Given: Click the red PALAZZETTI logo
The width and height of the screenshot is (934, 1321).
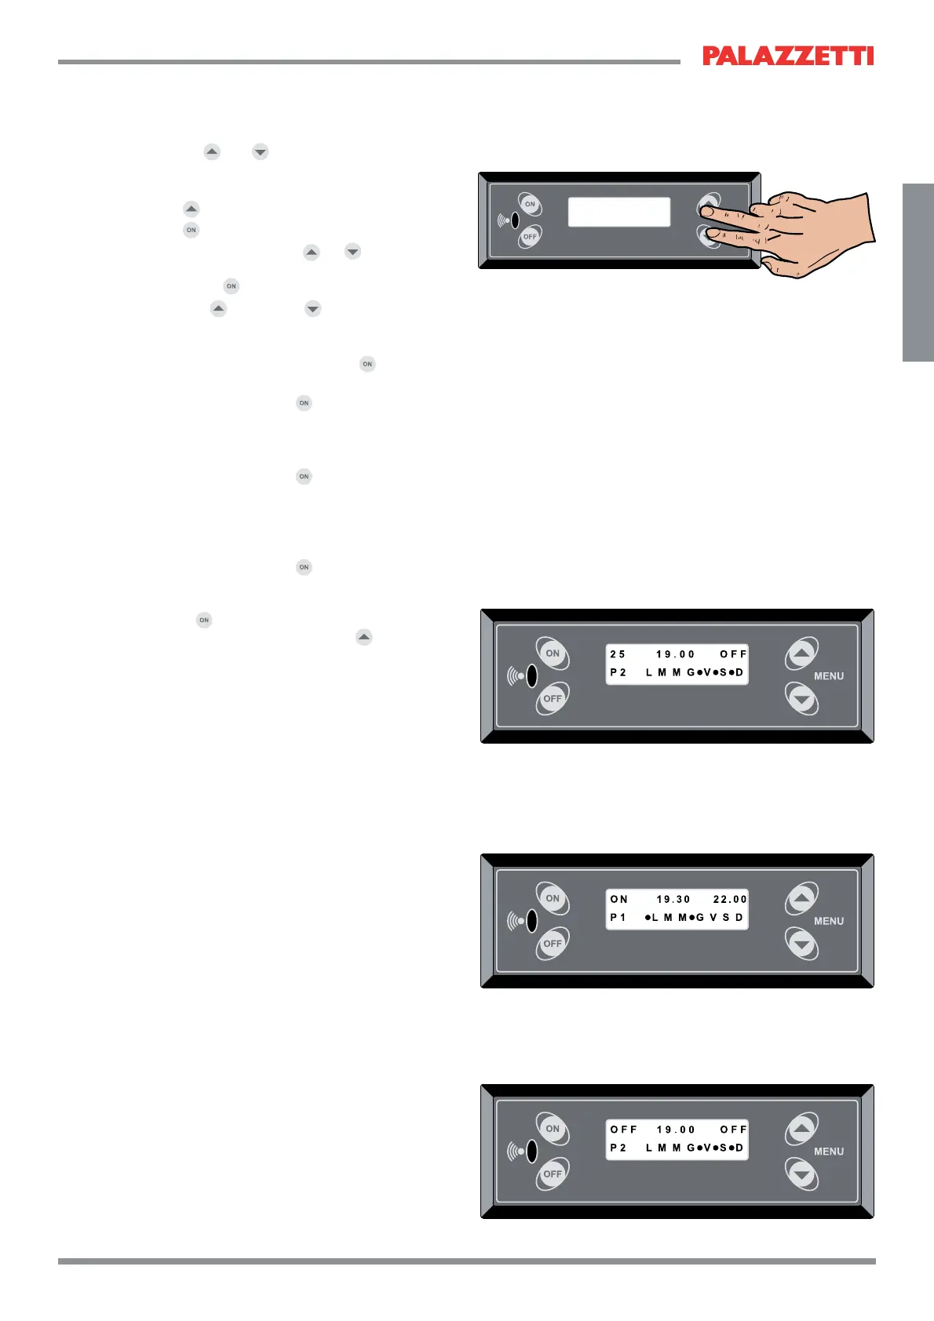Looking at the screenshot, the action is click(x=787, y=56).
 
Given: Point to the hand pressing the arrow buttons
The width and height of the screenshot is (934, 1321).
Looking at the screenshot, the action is click(x=816, y=231).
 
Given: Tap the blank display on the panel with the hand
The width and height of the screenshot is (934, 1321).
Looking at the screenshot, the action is click(x=618, y=212).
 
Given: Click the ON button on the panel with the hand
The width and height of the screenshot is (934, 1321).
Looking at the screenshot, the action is click(x=530, y=204).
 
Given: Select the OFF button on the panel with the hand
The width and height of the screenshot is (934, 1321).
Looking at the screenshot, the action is click(x=530, y=236).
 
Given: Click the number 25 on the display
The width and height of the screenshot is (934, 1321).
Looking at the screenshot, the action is click(x=618, y=654).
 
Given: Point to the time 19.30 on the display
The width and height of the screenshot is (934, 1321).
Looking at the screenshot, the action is click(x=673, y=900).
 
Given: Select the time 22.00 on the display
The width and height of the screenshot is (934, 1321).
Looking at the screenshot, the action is click(x=730, y=900).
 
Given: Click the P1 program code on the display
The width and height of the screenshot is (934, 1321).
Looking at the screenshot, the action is click(x=618, y=918).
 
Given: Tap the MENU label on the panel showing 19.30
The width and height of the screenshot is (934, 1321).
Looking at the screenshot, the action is click(x=829, y=921).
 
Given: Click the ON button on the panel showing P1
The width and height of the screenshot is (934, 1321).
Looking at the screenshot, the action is click(x=553, y=898).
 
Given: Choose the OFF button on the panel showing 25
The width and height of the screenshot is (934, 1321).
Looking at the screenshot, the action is click(x=553, y=698).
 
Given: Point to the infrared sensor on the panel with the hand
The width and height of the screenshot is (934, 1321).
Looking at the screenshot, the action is click(x=515, y=220).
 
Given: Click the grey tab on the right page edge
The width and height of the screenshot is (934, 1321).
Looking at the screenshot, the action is click(x=918, y=272).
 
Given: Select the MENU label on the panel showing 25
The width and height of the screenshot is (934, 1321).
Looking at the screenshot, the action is click(x=829, y=676).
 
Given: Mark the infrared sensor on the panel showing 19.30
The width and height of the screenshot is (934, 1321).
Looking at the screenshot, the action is click(x=531, y=921).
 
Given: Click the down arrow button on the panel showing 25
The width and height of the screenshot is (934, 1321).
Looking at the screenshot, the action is click(x=801, y=697).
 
